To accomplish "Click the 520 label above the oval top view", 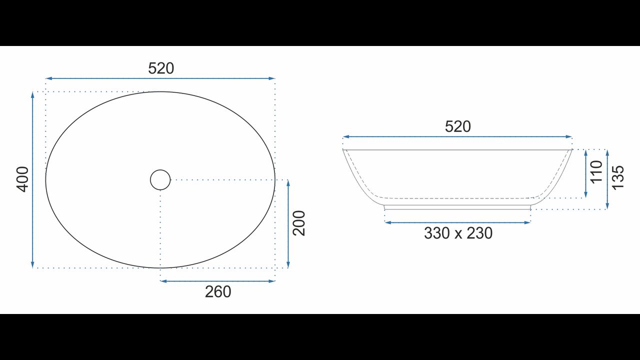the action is coord(161,68).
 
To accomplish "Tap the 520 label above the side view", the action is coord(457,126).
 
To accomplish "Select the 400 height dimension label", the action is coord(22,179).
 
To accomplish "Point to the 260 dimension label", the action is coord(218,291).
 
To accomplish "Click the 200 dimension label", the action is coord(299,223).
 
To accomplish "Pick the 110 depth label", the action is coord(596,172).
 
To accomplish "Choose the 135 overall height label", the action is coord(617,177).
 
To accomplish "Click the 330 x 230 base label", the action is coord(458,233).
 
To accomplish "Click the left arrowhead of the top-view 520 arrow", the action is coord(48,78).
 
